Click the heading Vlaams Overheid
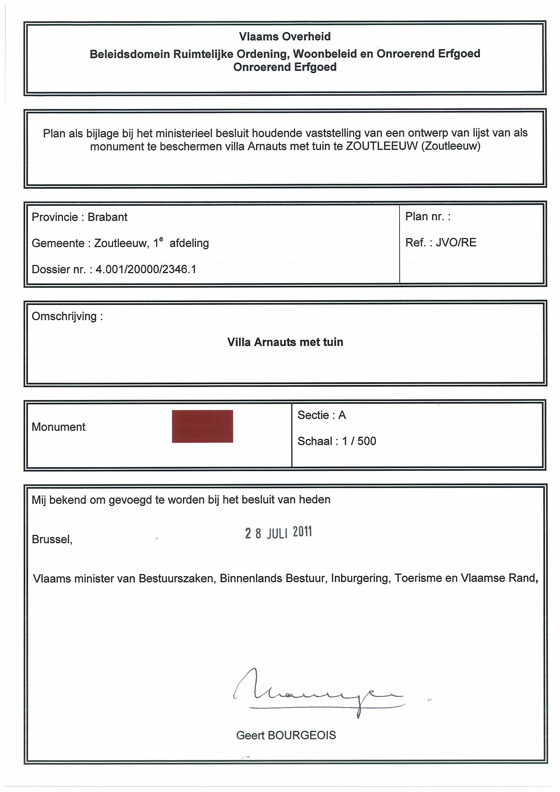285,37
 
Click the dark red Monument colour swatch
202,426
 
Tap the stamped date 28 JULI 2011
278,533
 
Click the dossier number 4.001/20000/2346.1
146,269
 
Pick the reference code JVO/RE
456,242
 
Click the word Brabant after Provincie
107,217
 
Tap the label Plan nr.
428,217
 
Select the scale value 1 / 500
359,441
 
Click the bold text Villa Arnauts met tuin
285,342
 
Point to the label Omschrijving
67,316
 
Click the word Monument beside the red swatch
58,427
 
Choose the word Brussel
52,539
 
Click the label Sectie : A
321,415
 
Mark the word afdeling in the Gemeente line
189,243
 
